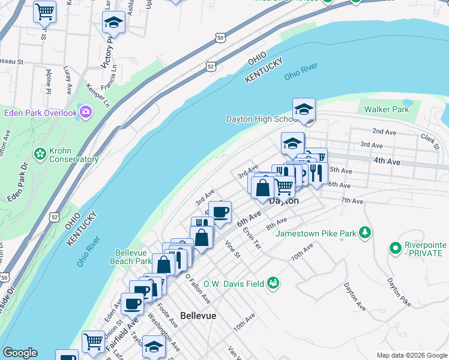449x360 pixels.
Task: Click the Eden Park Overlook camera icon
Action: (86, 112)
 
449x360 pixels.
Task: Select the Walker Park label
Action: (387, 109)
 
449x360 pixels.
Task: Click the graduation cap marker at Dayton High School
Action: (304, 109)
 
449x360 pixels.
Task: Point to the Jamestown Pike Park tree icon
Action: (364, 232)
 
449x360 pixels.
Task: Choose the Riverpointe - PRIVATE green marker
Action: (395, 247)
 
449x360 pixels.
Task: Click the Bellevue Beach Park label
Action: (130, 257)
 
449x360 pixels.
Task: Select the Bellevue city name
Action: (198, 315)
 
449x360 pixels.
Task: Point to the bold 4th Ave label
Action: (387, 161)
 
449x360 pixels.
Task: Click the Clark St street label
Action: (430, 138)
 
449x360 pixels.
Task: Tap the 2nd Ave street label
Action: (385, 131)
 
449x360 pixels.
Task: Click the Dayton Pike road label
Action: (399, 292)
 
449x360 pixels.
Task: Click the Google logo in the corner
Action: (20, 353)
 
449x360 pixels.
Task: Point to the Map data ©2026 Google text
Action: (411, 355)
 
